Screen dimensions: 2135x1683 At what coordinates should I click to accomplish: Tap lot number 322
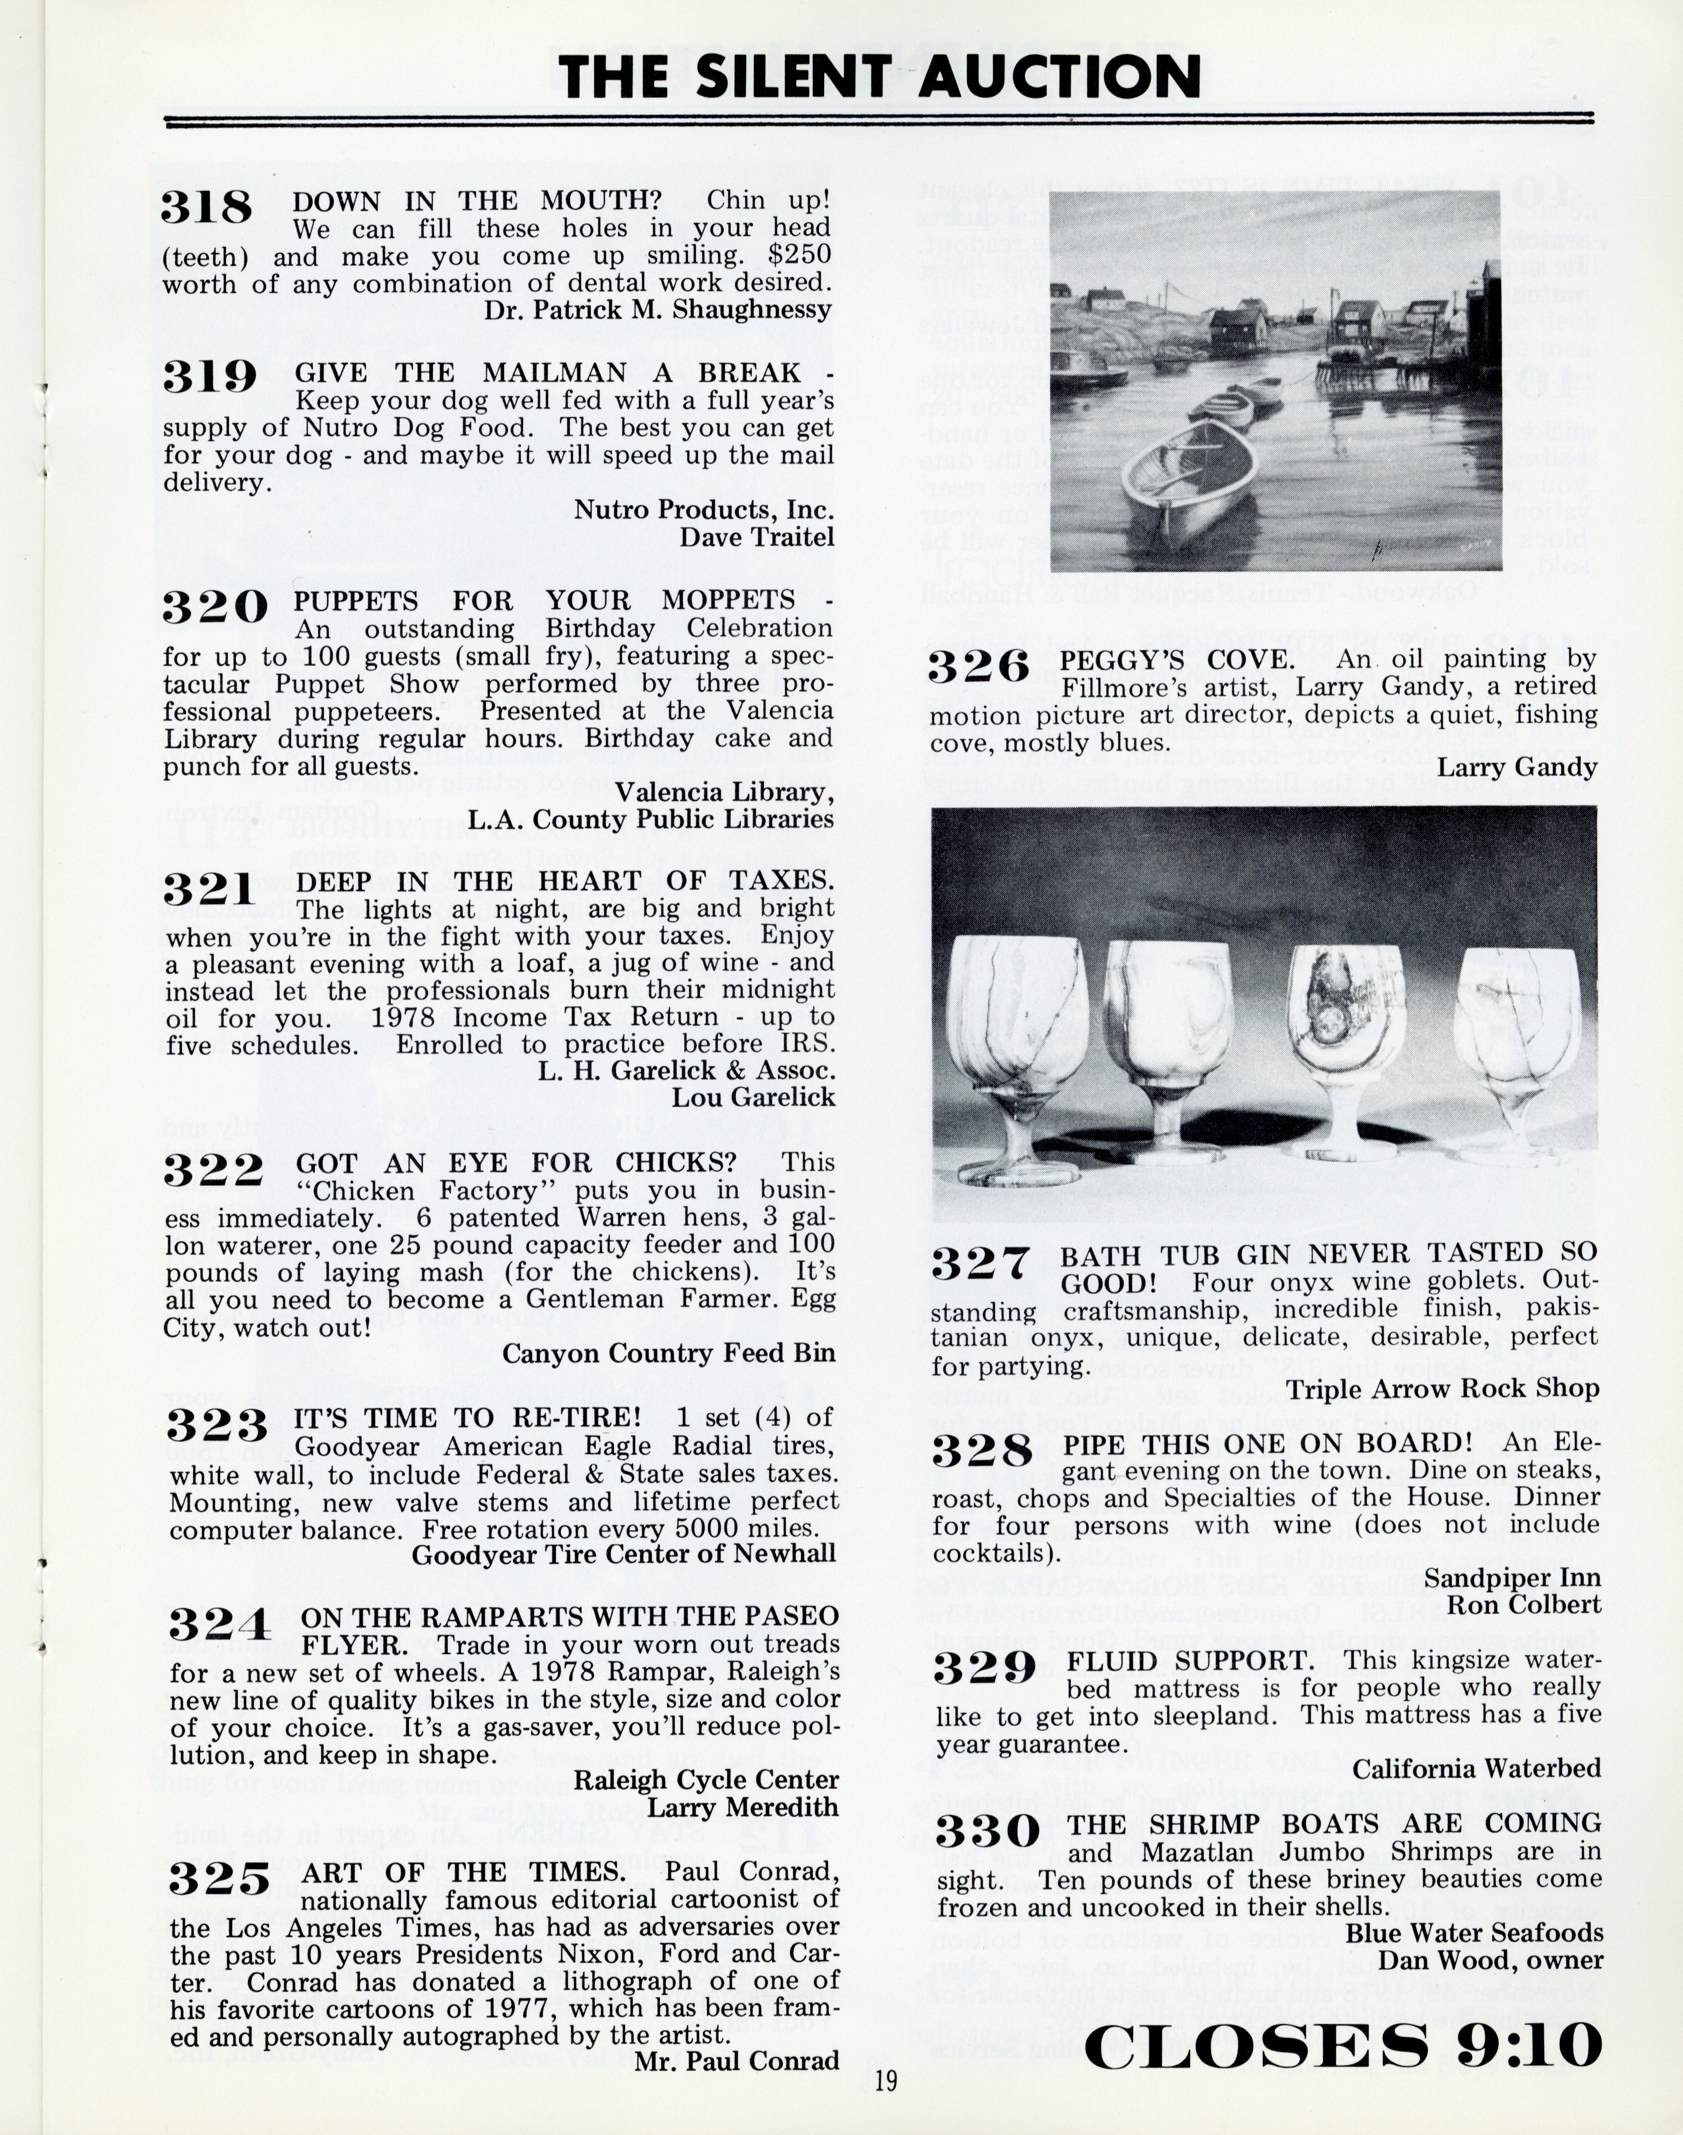pos(214,1170)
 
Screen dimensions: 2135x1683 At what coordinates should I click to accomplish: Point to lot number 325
pos(219,1880)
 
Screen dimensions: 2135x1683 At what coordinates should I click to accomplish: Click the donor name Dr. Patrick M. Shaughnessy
pos(657,309)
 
